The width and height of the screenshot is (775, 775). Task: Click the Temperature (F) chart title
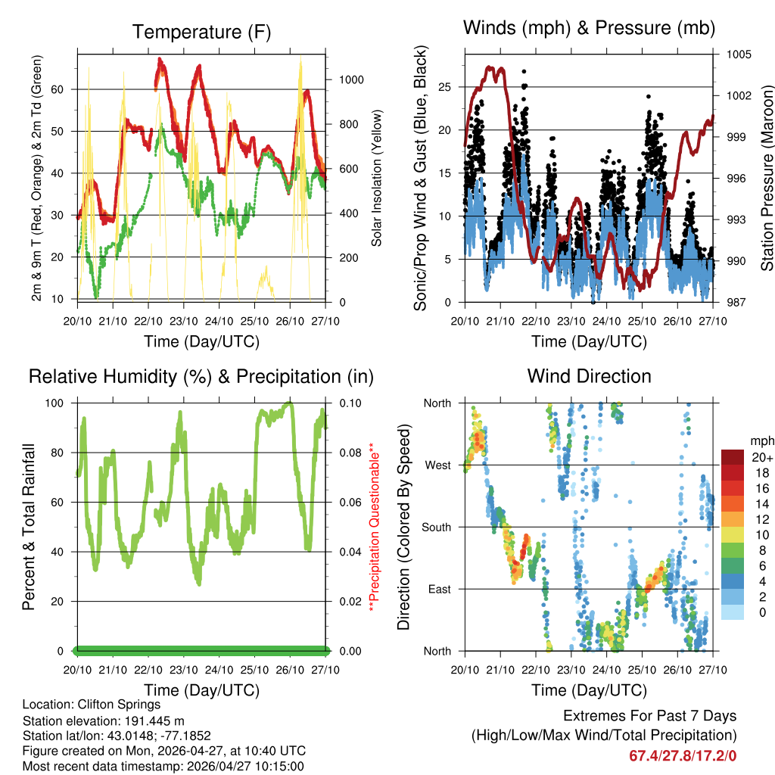point(201,32)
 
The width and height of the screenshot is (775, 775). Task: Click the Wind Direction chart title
point(589,376)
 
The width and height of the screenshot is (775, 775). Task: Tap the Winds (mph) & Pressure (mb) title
point(589,28)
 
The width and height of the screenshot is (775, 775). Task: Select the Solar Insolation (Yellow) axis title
point(376,178)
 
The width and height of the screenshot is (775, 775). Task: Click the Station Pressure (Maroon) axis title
point(766,178)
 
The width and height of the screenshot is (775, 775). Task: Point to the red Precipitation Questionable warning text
point(372,527)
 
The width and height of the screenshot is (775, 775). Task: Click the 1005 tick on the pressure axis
point(739,54)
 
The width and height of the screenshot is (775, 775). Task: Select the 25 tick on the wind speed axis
point(445,87)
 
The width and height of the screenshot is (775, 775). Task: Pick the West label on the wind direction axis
point(437,465)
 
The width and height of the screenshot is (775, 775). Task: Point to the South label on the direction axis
point(435,527)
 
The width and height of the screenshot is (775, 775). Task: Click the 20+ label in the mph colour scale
point(762,457)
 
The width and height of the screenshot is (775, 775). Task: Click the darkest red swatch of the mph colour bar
point(733,456)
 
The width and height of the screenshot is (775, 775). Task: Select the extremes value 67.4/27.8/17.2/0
point(683,755)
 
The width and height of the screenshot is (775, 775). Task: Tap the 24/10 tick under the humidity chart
point(219,669)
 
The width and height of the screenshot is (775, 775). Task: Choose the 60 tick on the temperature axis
point(66,89)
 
